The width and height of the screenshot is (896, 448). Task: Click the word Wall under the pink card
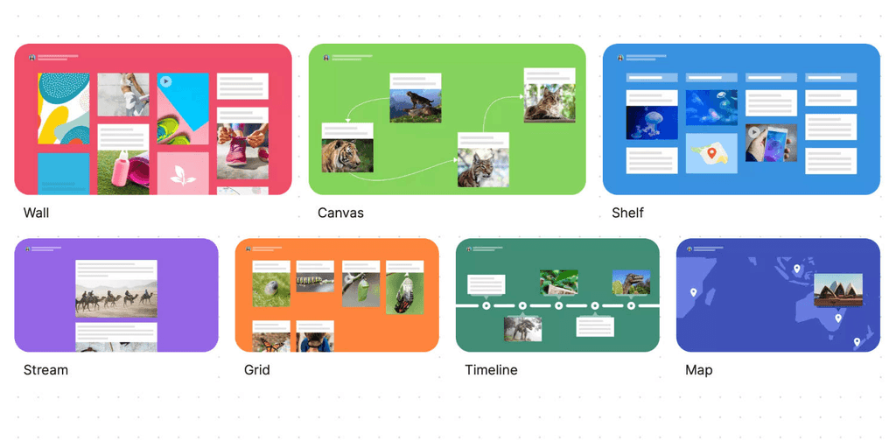[x=36, y=213]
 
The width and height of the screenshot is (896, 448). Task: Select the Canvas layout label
[x=340, y=213]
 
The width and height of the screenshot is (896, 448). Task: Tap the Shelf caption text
[x=627, y=213]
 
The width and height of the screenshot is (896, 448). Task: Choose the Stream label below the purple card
[x=45, y=370]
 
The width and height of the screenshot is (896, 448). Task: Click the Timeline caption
[x=491, y=370]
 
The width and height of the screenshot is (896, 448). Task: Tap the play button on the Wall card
[x=166, y=81]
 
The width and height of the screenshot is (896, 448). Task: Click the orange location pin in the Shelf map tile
[x=712, y=153]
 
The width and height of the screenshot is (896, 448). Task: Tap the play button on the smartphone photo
[x=753, y=132]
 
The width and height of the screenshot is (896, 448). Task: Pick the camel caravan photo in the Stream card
[x=115, y=300]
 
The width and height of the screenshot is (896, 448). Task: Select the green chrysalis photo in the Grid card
[x=405, y=294]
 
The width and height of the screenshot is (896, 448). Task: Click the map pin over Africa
[x=693, y=292]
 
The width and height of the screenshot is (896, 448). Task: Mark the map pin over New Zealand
[x=857, y=341]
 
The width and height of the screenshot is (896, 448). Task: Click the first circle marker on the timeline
[x=486, y=306]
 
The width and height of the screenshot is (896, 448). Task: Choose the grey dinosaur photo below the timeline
[x=522, y=329]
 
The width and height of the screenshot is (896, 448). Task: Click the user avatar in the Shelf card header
[x=620, y=58]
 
